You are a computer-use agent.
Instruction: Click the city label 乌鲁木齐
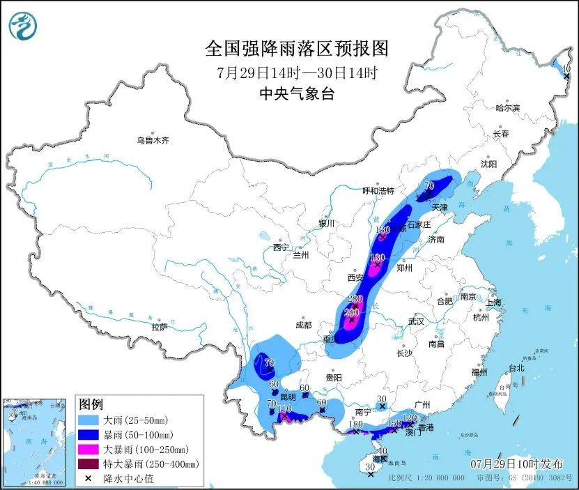153,141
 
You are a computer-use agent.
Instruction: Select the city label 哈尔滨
507,108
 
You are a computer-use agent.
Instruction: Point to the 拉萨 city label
159,327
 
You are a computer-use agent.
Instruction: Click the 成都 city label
302,324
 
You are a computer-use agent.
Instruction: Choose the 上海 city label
494,302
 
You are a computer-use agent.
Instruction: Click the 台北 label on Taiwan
516,367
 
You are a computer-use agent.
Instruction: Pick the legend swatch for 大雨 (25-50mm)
88,420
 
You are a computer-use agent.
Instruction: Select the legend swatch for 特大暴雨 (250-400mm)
88,464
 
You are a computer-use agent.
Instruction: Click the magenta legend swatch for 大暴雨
88,450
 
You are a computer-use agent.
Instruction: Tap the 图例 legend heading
91,404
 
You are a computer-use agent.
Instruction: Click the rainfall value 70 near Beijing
429,186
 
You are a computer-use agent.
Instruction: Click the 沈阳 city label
488,164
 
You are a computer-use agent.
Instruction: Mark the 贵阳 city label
333,377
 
